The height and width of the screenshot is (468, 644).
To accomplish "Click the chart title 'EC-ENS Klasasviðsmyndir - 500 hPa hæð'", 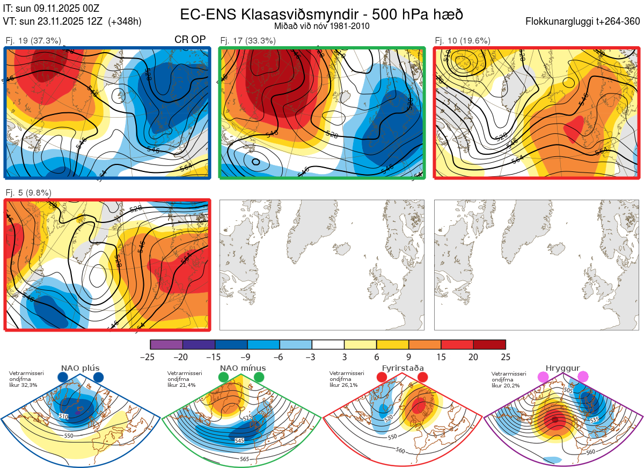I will pos(321,14).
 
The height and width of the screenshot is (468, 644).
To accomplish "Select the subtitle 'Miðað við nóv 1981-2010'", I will pos(321,26).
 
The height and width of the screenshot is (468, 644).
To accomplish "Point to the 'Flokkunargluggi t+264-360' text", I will pos(584,21).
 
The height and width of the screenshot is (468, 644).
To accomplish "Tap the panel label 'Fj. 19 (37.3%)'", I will pos(33,40).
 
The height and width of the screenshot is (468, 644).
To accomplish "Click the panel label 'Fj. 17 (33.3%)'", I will pos(248,40).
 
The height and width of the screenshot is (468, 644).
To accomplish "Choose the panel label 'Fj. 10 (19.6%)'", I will pos(463,40).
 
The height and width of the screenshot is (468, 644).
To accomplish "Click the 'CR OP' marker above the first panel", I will pos(190,40).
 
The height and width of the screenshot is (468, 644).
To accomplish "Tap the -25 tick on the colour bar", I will pos(150,357).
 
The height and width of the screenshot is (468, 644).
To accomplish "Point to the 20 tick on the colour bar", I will pos(473,357).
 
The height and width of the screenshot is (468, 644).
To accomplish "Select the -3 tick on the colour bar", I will pos(312,357).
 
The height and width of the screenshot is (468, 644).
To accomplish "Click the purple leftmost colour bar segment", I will pos(166,344).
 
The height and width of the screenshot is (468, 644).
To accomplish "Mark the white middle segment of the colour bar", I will pos(328,344).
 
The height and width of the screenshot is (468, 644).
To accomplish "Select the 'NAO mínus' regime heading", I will pos(242,368).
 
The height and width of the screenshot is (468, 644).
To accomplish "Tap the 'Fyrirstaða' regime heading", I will pos(402,368).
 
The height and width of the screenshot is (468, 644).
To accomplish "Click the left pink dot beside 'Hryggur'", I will pos(544,378).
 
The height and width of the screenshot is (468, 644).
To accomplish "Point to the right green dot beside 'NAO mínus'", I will pos(259,378).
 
